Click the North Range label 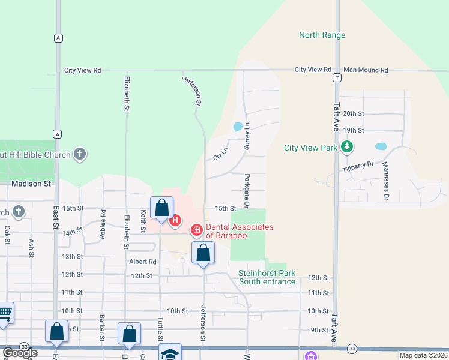322,35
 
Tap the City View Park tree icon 346,146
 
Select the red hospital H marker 175,221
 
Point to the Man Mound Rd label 366,70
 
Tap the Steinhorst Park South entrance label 267,277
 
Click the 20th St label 354,113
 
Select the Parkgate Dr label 247,191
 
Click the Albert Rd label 143,262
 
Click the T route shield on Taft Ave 338,78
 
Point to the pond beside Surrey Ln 238,127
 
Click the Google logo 20,353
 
